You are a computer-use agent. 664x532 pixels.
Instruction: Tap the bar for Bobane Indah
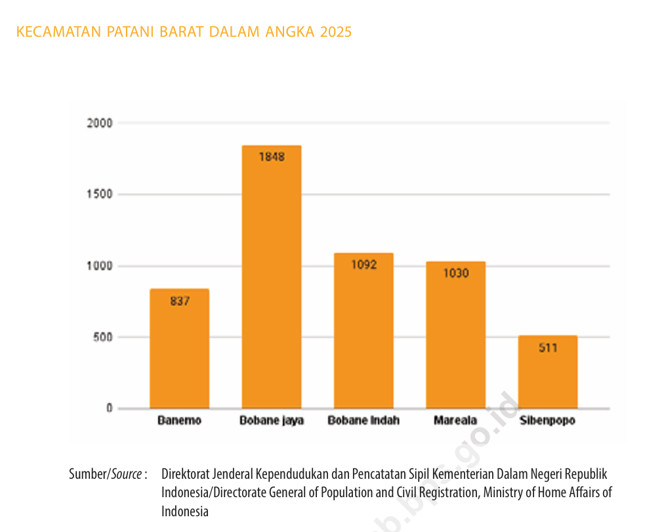(x=363, y=335)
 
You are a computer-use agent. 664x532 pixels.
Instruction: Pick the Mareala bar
(x=455, y=342)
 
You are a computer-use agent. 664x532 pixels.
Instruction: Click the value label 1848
(x=271, y=157)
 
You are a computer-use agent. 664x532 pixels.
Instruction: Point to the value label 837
(x=179, y=301)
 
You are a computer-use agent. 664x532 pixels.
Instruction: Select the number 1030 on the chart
(x=455, y=273)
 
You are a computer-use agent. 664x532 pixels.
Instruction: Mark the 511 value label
(x=547, y=347)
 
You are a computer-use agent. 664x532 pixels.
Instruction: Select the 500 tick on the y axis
(x=102, y=338)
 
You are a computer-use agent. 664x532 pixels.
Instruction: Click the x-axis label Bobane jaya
(x=271, y=421)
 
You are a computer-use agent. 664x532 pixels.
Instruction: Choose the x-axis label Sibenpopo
(x=547, y=421)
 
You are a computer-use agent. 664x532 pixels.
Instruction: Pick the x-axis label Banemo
(x=179, y=421)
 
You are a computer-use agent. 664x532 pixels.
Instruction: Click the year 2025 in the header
(x=336, y=32)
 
